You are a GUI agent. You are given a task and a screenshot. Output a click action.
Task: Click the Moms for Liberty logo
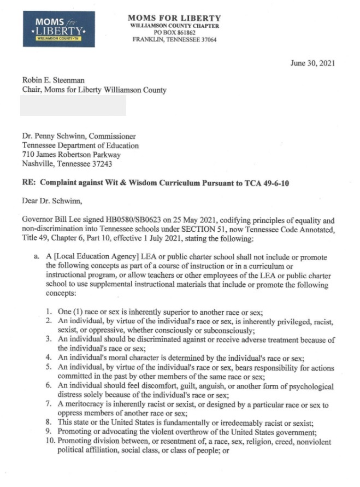pyautogui.click(x=59, y=29)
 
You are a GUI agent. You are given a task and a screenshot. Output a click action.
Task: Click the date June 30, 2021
pyautogui.click(x=312, y=63)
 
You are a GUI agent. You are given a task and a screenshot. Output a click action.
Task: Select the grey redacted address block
pyautogui.click(x=73, y=105)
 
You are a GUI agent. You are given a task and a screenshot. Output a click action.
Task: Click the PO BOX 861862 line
pyautogui.click(x=175, y=33)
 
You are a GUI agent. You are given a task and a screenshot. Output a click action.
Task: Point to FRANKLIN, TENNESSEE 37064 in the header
pyautogui.click(x=175, y=40)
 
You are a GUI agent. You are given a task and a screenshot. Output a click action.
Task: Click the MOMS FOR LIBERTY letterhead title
pyautogui.click(x=174, y=18)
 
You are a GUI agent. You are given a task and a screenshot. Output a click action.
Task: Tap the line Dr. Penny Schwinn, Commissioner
pyautogui.click(x=79, y=136)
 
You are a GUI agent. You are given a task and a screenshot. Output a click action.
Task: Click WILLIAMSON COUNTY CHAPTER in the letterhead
pyautogui.click(x=175, y=26)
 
